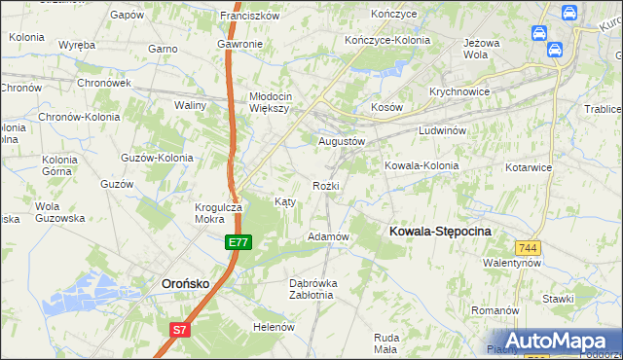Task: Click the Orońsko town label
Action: coord(185,283)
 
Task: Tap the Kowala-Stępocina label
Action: coord(440,231)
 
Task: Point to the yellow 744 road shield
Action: coord(529,248)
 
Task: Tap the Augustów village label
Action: coord(342,141)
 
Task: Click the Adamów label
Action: coord(328,236)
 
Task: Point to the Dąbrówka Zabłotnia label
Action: coord(313,289)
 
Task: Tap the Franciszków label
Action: coord(250,16)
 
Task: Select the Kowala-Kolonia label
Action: coord(421,165)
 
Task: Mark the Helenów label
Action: coord(274,327)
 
